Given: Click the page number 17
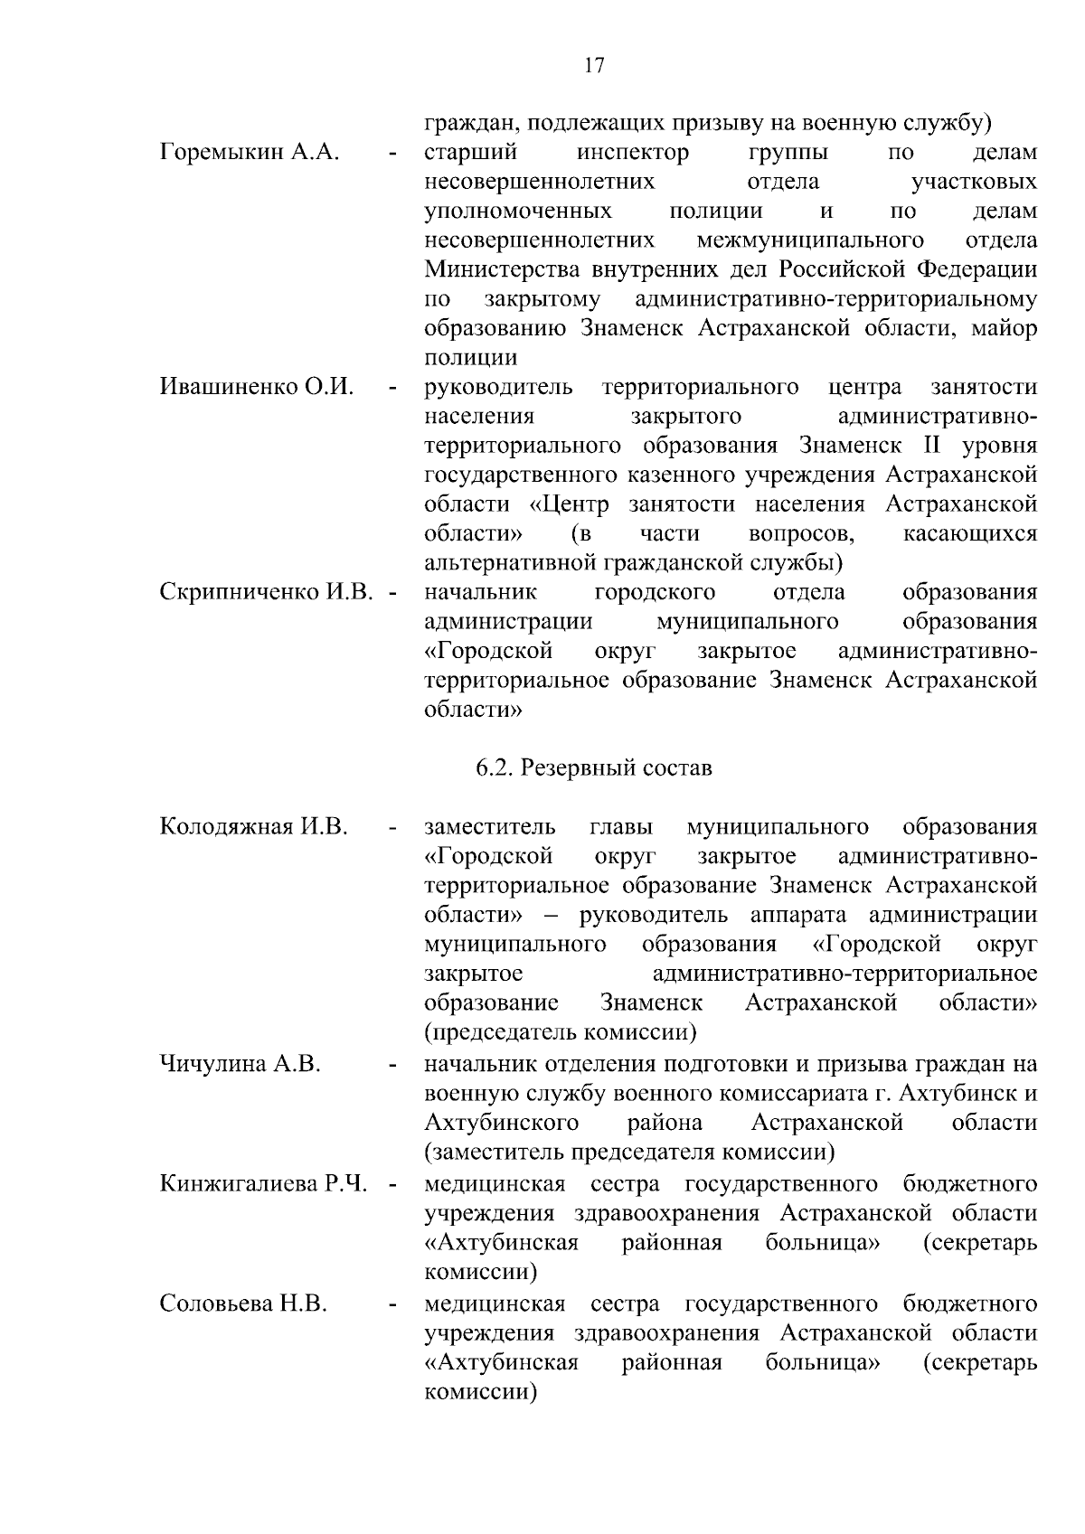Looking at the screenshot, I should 594,65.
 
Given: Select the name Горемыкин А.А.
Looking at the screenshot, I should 250,152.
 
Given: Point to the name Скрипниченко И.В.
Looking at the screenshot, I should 266,592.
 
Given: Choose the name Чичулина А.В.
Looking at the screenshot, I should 241,1063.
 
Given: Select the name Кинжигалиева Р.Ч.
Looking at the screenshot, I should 263,1183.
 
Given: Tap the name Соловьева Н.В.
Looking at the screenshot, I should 243,1303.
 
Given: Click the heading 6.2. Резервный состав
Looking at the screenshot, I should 594,768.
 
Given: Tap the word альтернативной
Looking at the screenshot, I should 508,563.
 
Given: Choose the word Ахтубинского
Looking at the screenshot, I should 502,1123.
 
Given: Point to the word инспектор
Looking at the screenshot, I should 633,152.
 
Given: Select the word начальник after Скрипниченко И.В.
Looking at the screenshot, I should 480,592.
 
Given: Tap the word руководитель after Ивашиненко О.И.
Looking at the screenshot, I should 498,387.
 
